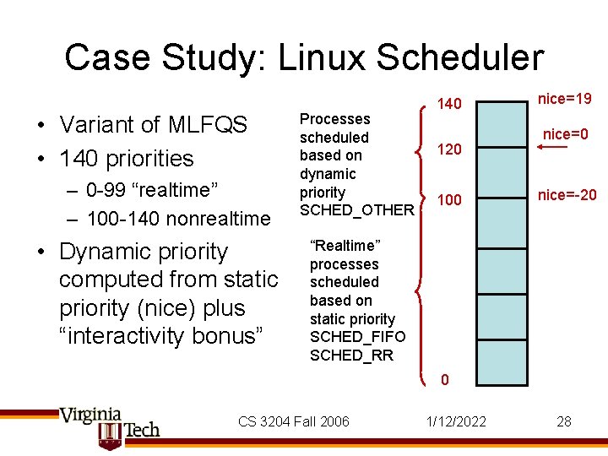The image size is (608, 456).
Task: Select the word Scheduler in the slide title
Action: click(466, 58)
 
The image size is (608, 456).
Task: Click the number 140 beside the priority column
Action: click(449, 104)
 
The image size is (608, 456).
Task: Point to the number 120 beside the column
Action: click(449, 149)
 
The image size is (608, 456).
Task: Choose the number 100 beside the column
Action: click(449, 200)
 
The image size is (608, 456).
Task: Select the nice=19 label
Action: click(564, 99)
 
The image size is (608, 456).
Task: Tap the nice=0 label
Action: click(565, 134)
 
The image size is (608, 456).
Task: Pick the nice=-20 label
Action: click(567, 195)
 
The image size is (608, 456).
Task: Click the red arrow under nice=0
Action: click(552, 149)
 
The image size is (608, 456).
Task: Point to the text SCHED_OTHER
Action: click(356, 209)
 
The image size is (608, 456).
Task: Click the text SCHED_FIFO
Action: click(357, 337)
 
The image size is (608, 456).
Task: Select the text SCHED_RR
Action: click(351, 356)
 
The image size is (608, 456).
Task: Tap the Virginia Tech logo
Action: click(110, 426)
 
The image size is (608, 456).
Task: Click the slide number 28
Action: click(564, 421)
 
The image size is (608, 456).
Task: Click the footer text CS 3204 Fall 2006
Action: click(293, 421)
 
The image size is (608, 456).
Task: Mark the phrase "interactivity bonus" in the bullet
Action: click(162, 336)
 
